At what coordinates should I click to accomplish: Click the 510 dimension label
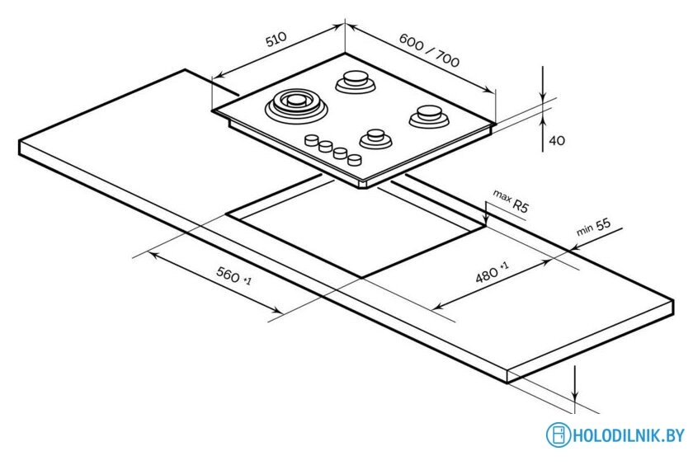(276, 39)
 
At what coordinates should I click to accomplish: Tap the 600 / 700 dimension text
(429, 50)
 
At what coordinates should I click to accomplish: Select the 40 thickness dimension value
(557, 140)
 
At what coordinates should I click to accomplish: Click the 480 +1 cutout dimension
(492, 272)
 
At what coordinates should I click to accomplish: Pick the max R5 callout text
(511, 201)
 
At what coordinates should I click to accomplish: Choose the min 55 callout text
(593, 227)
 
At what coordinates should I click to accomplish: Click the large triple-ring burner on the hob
(296, 106)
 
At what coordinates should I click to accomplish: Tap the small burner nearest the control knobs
(375, 139)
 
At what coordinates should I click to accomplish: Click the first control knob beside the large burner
(312, 140)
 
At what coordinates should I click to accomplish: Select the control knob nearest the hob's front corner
(355, 159)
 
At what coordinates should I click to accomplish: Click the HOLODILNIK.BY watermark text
(629, 435)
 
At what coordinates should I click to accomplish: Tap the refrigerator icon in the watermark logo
(559, 435)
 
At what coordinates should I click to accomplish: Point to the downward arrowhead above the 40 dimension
(543, 98)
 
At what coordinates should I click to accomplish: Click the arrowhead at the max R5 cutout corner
(486, 221)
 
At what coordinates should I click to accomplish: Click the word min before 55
(585, 230)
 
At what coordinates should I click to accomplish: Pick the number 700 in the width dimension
(448, 59)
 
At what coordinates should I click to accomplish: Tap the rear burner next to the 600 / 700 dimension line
(356, 82)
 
